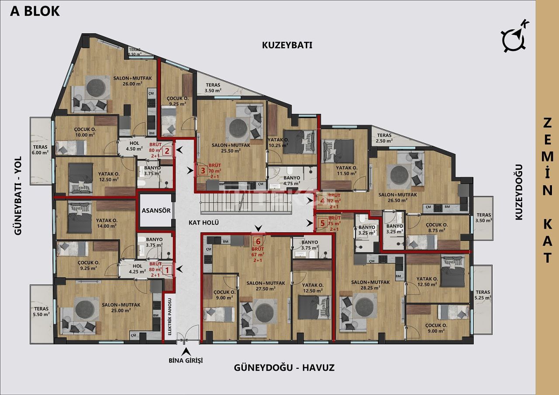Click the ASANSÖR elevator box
[156, 210]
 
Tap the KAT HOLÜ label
[203, 223]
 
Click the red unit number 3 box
[202, 170]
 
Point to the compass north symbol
[514, 38]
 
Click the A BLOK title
[35, 11]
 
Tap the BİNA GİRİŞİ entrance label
[186, 361]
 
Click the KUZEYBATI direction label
[287, 45]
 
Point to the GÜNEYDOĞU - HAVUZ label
[284, 368]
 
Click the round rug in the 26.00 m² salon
[97, 87]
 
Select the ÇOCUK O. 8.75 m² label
[435, 227]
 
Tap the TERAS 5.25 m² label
[483, 295]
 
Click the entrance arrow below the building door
[186, 351]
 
